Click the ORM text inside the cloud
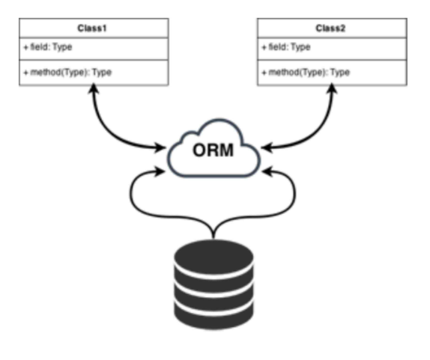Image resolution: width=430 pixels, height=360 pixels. (x=214, y=150)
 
